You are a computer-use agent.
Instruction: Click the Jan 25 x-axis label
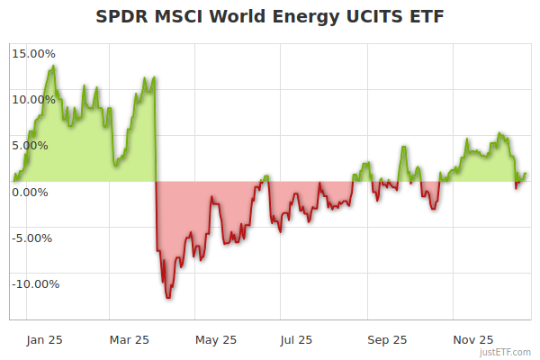pyautogui.click(x=44, y=339)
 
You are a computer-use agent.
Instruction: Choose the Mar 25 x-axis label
pyautogui.click(x=129, y=339)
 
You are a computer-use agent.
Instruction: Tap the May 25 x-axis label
pyautogui.click(x=216, y=339)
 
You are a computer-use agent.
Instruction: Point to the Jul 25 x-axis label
pyautogui.click(x=296, y=339)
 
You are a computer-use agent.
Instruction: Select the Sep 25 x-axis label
pyautogui.click(x=388, y=339)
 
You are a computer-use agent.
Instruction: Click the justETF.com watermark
pyautogui.click(x=506, y=352)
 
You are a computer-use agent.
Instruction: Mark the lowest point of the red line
pyautogui.click(x=167, y=297)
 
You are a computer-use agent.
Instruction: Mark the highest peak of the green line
pyautogui.click(x=54, y=66)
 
